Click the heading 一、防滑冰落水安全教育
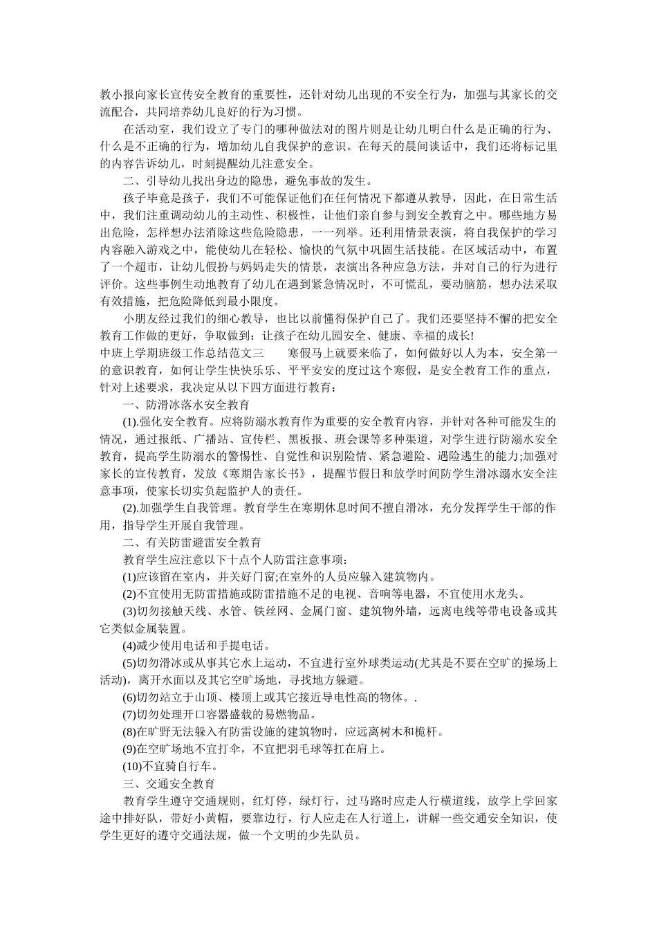click(186, 404)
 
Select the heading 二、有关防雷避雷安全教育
click(192, 542)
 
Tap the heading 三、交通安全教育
click(169, 783)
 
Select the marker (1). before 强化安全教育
click(132, 421)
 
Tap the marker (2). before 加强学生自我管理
click(132, 508)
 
